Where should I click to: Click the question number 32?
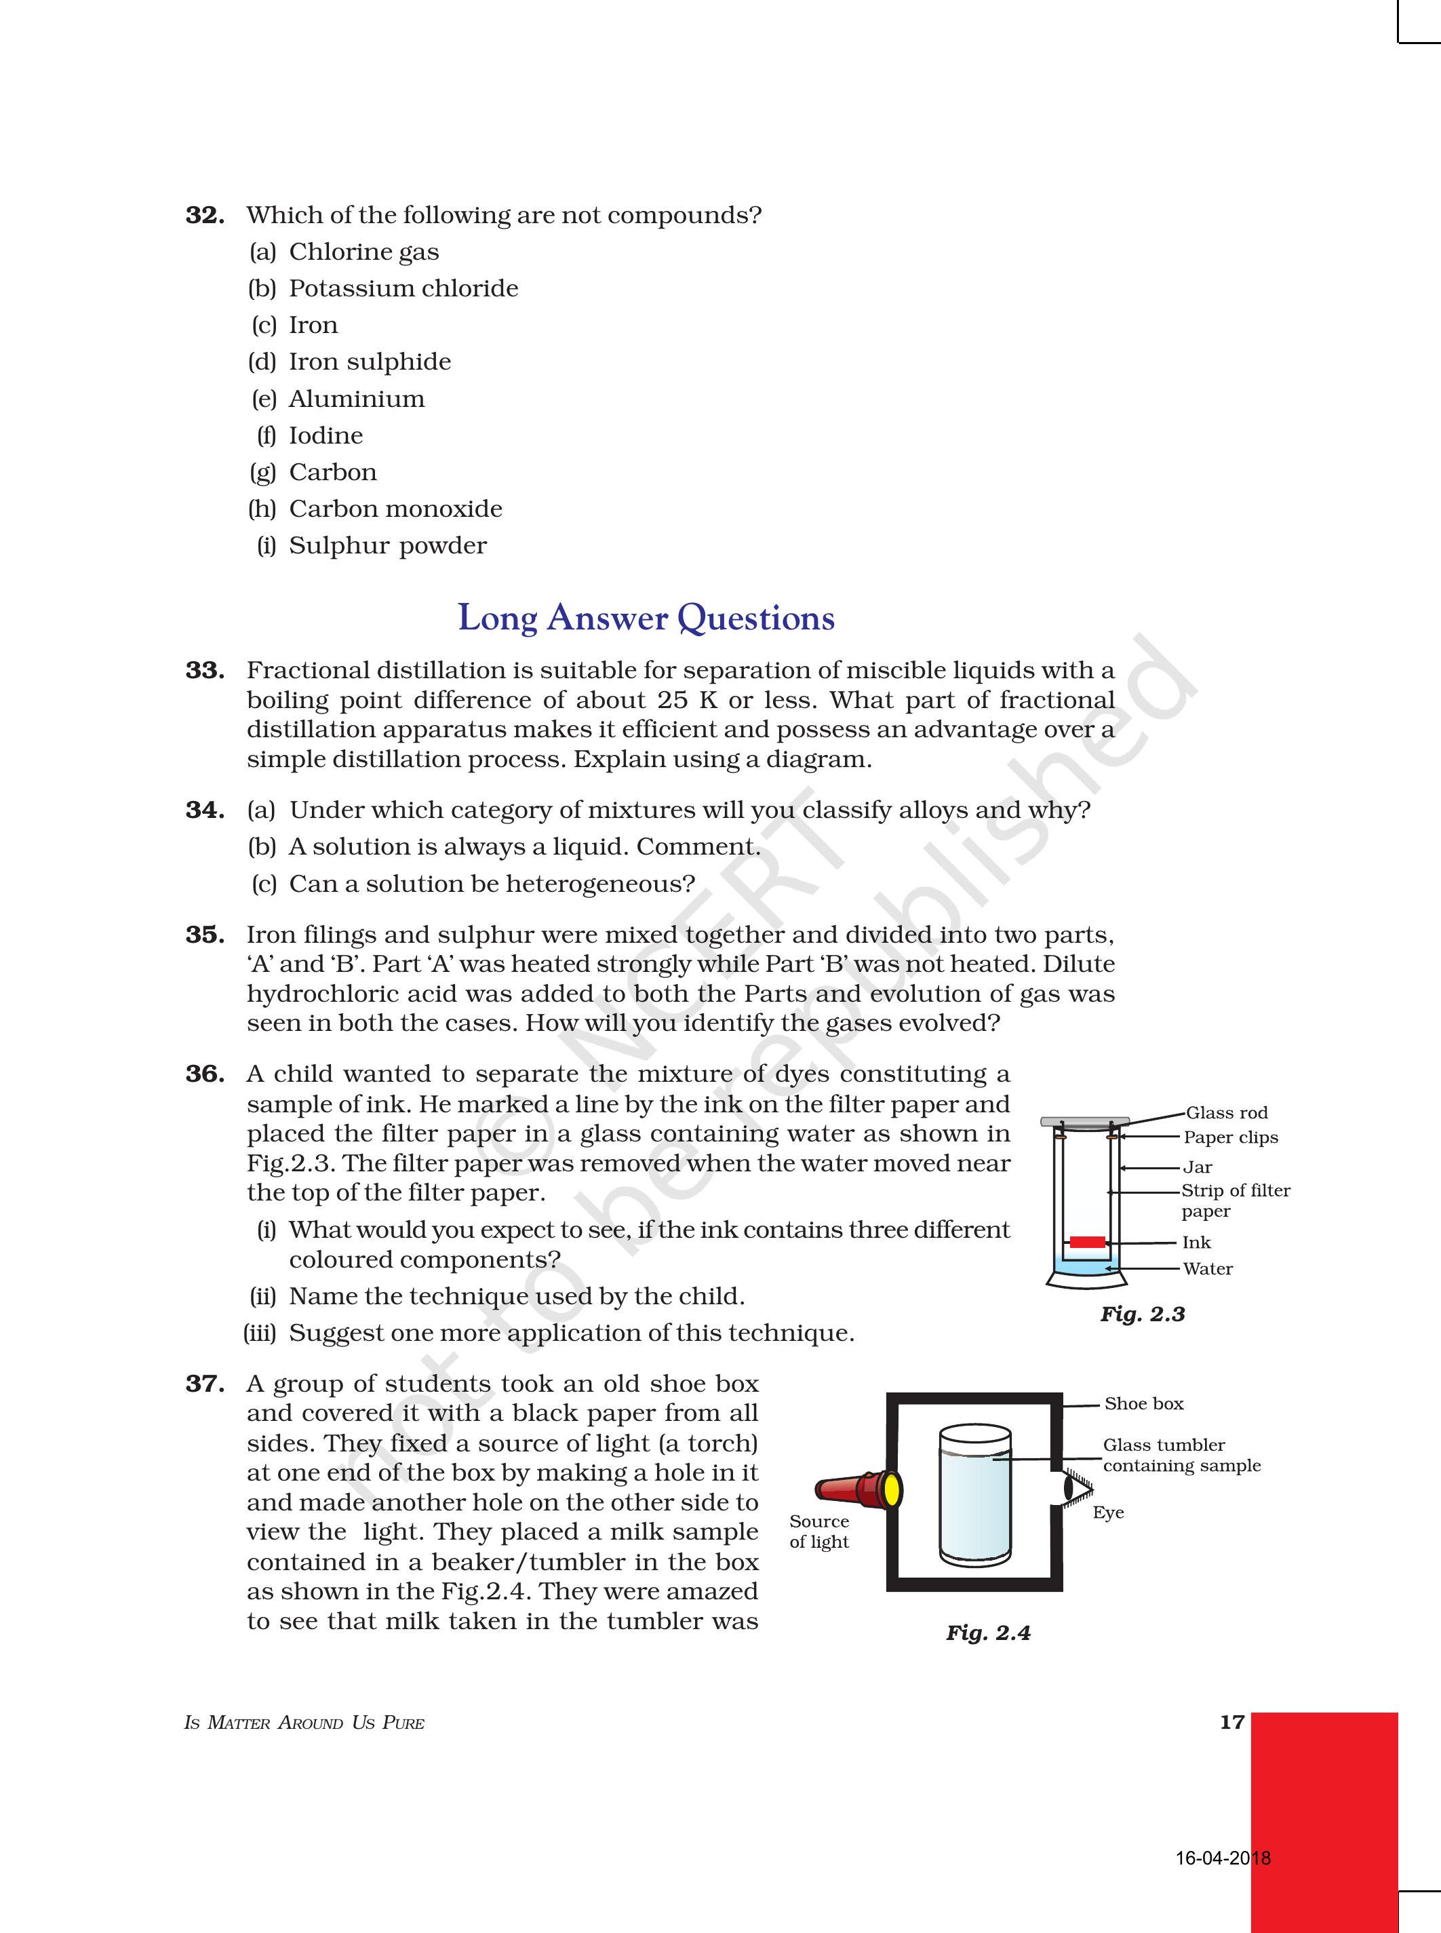coord(205,216)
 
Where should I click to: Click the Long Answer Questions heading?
coord(646,619)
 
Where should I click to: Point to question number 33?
coord(205,671)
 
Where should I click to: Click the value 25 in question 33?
coord(673,701)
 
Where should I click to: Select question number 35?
coord(205,935)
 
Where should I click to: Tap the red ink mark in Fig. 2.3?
coord(1087,1242)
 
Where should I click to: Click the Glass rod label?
coord(1227,1113)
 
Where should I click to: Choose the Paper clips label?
coord(1230,1137)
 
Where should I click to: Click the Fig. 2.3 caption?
coord(1142,1314)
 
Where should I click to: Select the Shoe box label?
coord(1143,1403)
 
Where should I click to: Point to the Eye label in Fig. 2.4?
coord(1108,1512)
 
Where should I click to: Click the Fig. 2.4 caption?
coord(987,1633)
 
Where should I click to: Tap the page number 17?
coord(1231,1722)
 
